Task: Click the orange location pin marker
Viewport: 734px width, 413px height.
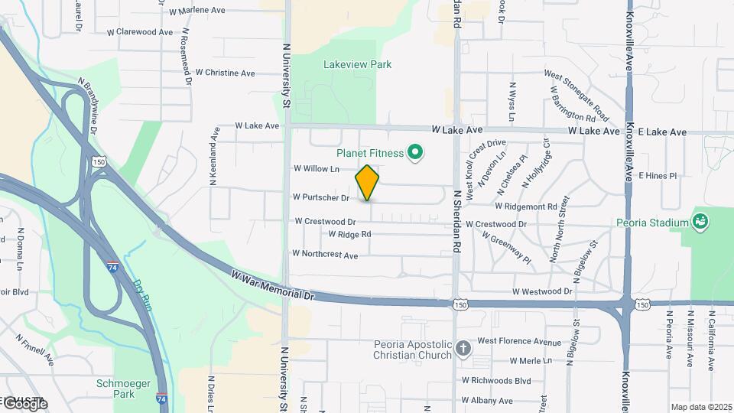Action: [x=368, y=183]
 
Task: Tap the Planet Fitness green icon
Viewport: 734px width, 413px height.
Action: [x=415, y=154]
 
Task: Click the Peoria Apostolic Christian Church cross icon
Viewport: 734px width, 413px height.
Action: [x=463, y=350]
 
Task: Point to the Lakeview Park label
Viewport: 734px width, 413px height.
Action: [x=357, y=64]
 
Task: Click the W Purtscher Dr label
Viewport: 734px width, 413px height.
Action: [x=321, y=197]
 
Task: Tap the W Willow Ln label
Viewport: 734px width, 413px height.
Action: [x=316, y=168]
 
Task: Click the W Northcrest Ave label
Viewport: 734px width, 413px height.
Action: [x=325, y=254]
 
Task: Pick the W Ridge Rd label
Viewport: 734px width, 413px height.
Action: [x=349, y=234]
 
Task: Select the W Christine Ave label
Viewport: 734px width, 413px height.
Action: [x=225, y=73]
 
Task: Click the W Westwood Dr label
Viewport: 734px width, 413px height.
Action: [x=542, y=291]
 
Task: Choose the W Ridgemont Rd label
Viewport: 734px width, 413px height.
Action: [x=526, y=206]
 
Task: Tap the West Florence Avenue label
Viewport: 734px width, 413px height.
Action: [x=518, y=341]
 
